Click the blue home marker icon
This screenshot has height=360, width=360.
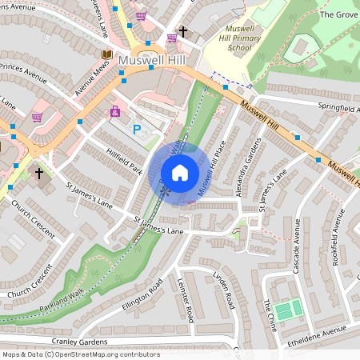click(179, 172)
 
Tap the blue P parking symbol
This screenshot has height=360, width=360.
click(137, 129)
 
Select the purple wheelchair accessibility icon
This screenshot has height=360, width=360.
click(115, 111)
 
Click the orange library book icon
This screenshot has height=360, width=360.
click(106, 54)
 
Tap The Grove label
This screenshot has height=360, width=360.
click(338, 14)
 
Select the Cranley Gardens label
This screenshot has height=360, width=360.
click(79, 342)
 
